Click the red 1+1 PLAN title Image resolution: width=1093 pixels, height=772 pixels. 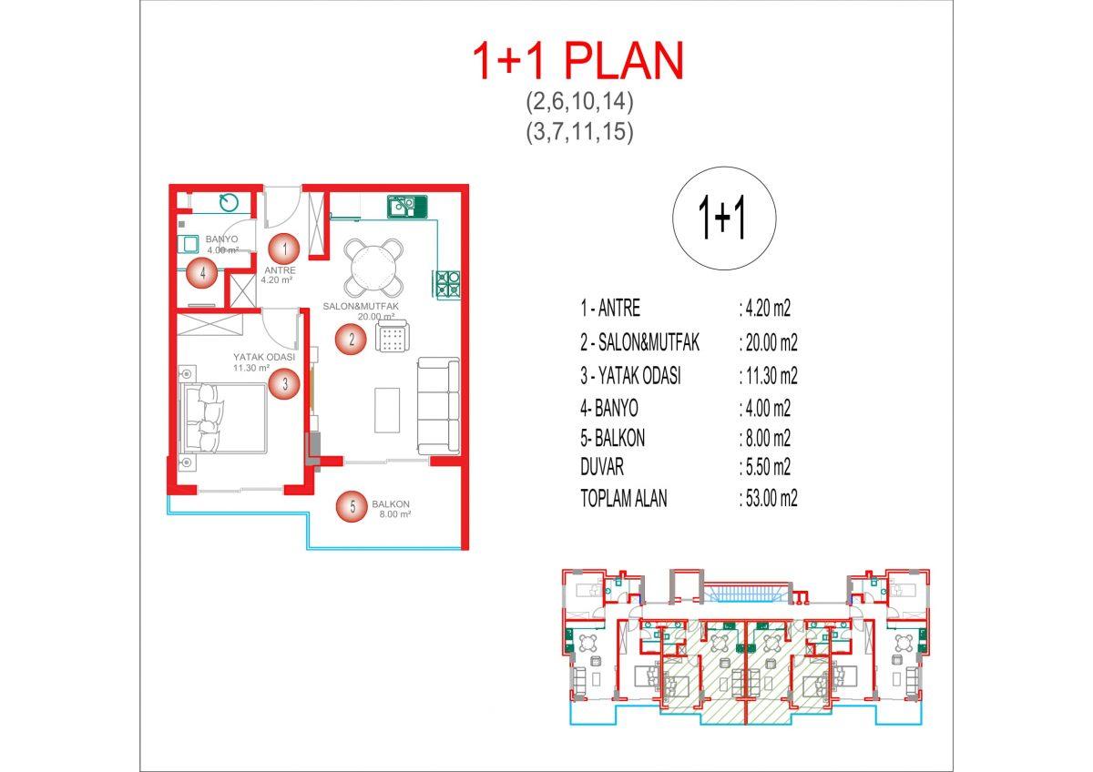[578, 60]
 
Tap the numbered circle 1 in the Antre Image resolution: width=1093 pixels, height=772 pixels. [284, 249]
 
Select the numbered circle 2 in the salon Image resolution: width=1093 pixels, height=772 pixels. [351, 339]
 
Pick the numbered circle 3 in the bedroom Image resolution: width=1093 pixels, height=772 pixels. [284, 384]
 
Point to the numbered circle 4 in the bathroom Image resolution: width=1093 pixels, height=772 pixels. [202, 273]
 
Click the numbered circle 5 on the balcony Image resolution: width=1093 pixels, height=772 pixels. [352, 507]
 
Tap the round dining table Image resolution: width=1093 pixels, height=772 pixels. [373, 268]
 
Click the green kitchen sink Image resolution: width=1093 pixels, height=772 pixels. [407, 207]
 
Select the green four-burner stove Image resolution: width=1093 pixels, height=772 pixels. [447, 284]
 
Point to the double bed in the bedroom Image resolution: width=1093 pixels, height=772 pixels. [224, 418]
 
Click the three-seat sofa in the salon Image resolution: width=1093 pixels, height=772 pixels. [438, 406]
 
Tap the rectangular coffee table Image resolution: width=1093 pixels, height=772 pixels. [387, 411]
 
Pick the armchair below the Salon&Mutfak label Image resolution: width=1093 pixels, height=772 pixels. [393, 336]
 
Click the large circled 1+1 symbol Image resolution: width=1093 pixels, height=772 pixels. [724, 218]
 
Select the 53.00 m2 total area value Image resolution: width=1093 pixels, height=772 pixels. [768, 499]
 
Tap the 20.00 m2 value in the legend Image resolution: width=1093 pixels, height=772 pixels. [768, 343]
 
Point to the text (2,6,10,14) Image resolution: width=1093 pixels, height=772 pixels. [579, 101]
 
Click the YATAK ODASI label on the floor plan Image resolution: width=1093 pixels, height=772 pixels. [264, 357]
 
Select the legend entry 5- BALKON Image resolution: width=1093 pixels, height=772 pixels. [612, 438]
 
